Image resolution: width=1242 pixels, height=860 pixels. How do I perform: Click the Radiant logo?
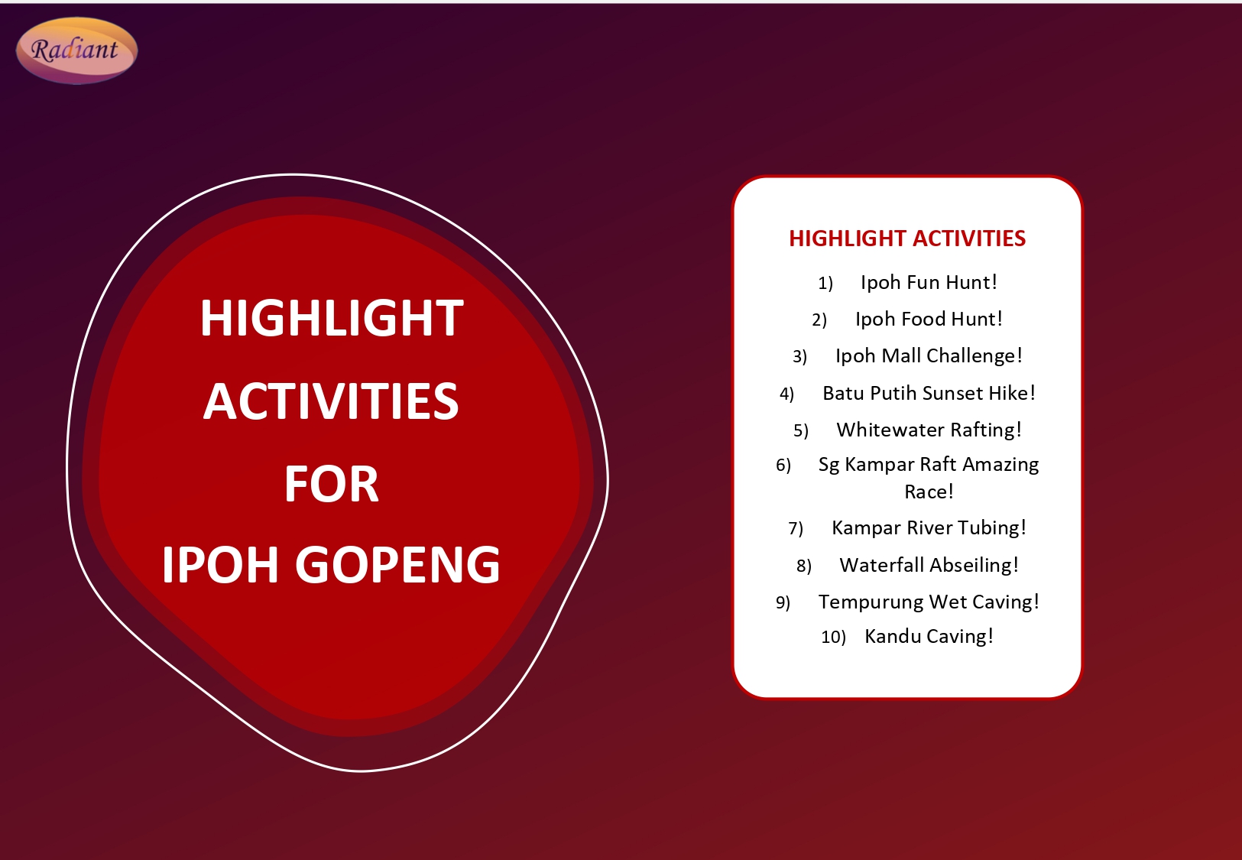pos(76,50)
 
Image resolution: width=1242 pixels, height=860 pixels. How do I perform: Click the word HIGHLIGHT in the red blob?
pos(331,319)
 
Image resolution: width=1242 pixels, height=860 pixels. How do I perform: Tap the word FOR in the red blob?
pos(331,485)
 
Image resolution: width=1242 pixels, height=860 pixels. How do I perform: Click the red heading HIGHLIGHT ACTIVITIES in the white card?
pos(907,239)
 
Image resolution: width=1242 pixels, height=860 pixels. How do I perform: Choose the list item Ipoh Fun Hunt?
pos(929,283)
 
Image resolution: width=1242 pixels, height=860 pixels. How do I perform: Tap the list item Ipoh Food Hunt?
pos(929,320)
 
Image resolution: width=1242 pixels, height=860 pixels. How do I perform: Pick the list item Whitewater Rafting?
pos(929,430)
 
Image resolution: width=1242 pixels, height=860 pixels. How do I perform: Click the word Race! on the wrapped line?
pos(929,492)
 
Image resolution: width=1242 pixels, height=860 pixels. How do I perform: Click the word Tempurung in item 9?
pos(860,602)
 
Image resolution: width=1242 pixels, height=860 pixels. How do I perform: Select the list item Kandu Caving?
pos(929,637)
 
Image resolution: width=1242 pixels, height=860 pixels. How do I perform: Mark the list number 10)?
pos(833,638)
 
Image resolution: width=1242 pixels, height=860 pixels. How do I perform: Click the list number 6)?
pos(783,466)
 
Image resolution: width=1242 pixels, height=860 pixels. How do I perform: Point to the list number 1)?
pos(825,284)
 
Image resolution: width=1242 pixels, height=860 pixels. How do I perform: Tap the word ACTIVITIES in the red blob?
pos(331,402)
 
